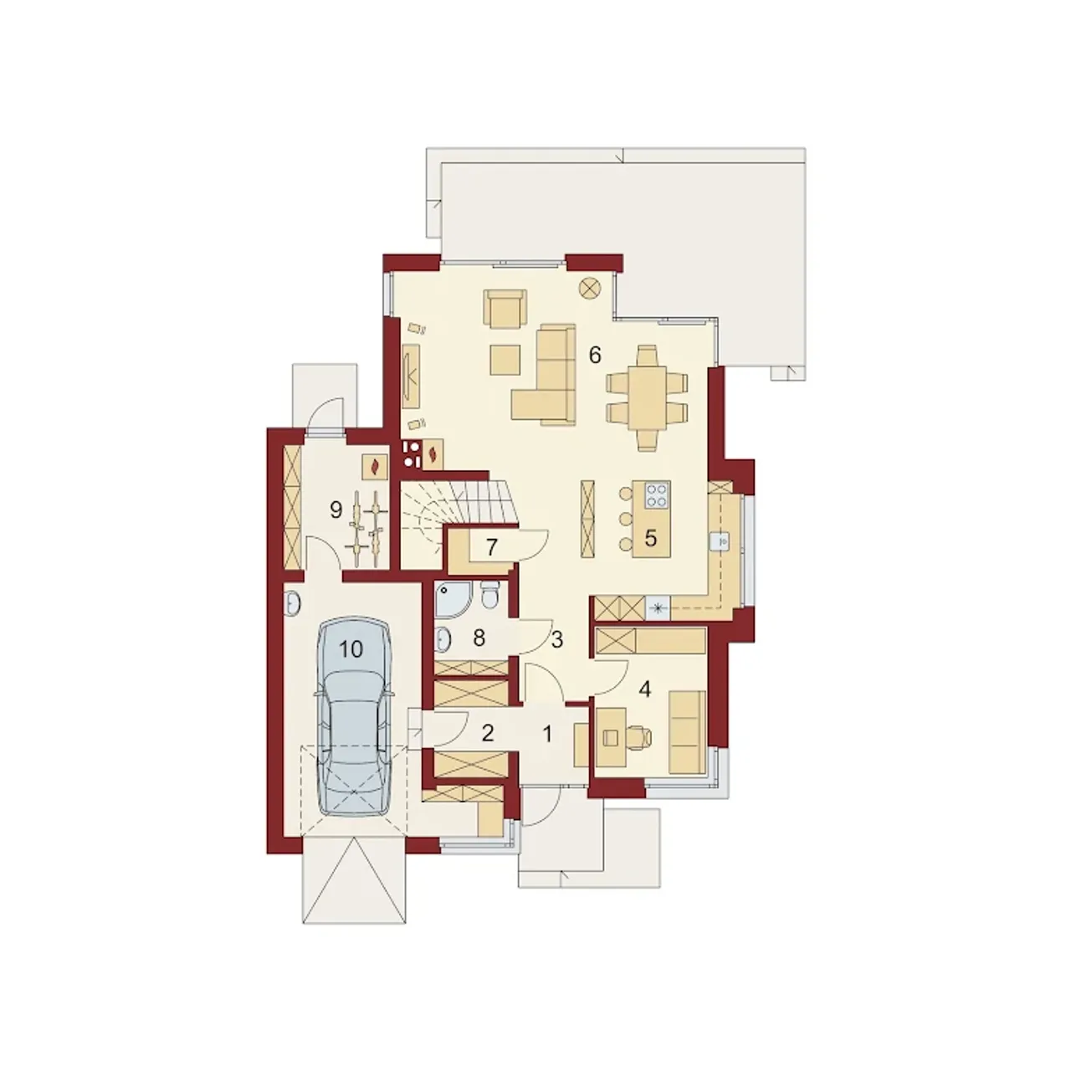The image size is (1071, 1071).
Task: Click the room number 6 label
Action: pyautogui.click(x=594, y=355)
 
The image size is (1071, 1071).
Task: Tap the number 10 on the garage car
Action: pyautogui.click(x=351, y=648)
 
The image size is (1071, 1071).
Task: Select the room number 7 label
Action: pyautogui.click(x=491, y=547)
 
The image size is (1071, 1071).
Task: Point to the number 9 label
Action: pyautogui.click(x=336, y=509)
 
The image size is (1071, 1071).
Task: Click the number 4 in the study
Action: pyautogui.click(x=645, y=689)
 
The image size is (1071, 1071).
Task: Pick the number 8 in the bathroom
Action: pyautogui.click(x=479, y=638)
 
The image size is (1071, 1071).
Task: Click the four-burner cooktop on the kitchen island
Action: pyautogui.click(x=657, y=495)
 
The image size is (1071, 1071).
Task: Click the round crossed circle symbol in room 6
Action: pyautogui.click(x=590, y=288)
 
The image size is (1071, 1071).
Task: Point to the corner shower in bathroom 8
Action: pyautogui.click(x=453, y=600)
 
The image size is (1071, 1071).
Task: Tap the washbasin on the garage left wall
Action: pyautogui.click(x=292, y=603)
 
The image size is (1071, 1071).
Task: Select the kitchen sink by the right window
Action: pyautogui.click(x=720, y=541)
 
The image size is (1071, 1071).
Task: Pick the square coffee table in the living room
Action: pyautogui.click(x=505, y=360)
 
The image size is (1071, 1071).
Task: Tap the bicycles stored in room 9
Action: pyautogui.click(x=368, y=528)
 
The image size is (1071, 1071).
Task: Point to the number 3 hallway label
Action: pyautogui.click(x=557, y=640)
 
